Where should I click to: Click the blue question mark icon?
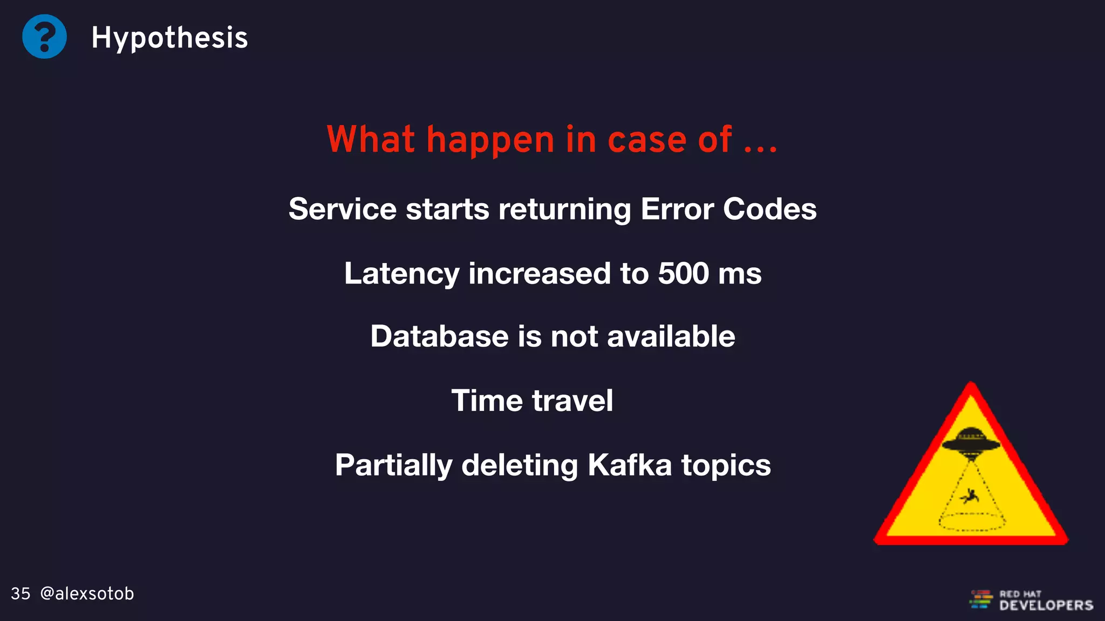44,37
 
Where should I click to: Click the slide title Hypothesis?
169,38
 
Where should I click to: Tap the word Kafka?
630,465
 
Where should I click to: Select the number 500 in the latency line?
683,273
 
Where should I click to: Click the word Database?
439,336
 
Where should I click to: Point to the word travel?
572,401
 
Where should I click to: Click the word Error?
677,209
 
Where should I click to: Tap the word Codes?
769,209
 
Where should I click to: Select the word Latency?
401,273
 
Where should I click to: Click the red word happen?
490,140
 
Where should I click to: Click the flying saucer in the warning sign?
971,440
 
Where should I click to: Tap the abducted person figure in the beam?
971,495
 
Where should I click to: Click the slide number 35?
21,594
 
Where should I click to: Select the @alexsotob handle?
87,594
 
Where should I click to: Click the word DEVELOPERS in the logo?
1046,605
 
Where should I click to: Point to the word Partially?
393,465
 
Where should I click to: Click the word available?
671,336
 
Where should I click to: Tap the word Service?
342,209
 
